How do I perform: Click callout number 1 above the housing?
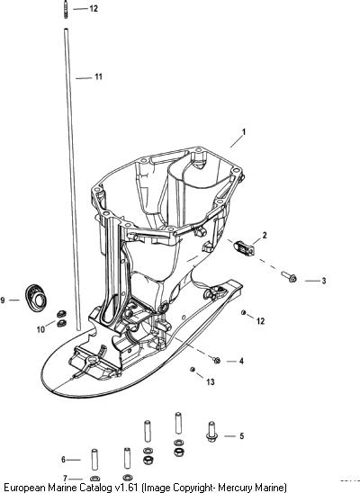pos(243,132)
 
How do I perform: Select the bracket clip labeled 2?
pos(244,247)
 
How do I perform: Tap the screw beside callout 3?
pos(289,276)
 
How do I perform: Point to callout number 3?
pos(323,281)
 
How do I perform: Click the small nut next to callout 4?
pos(216,361)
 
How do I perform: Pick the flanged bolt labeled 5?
pos(211,432)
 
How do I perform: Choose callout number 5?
pos(241,436)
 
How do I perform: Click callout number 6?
pos(64,460)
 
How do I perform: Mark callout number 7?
pos(65,479)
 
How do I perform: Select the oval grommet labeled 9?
pos(36,298)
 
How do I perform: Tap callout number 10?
pos(40,329)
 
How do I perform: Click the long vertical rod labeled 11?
pos(72,179)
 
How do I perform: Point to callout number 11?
pos(98,76)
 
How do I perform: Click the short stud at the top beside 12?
pos(66,10)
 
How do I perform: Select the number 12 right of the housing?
pos(260,321)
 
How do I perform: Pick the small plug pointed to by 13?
pos(193,369)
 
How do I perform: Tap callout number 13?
pos(211,381)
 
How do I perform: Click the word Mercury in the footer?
pos(235,488)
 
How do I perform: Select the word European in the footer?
pos(25,488)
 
